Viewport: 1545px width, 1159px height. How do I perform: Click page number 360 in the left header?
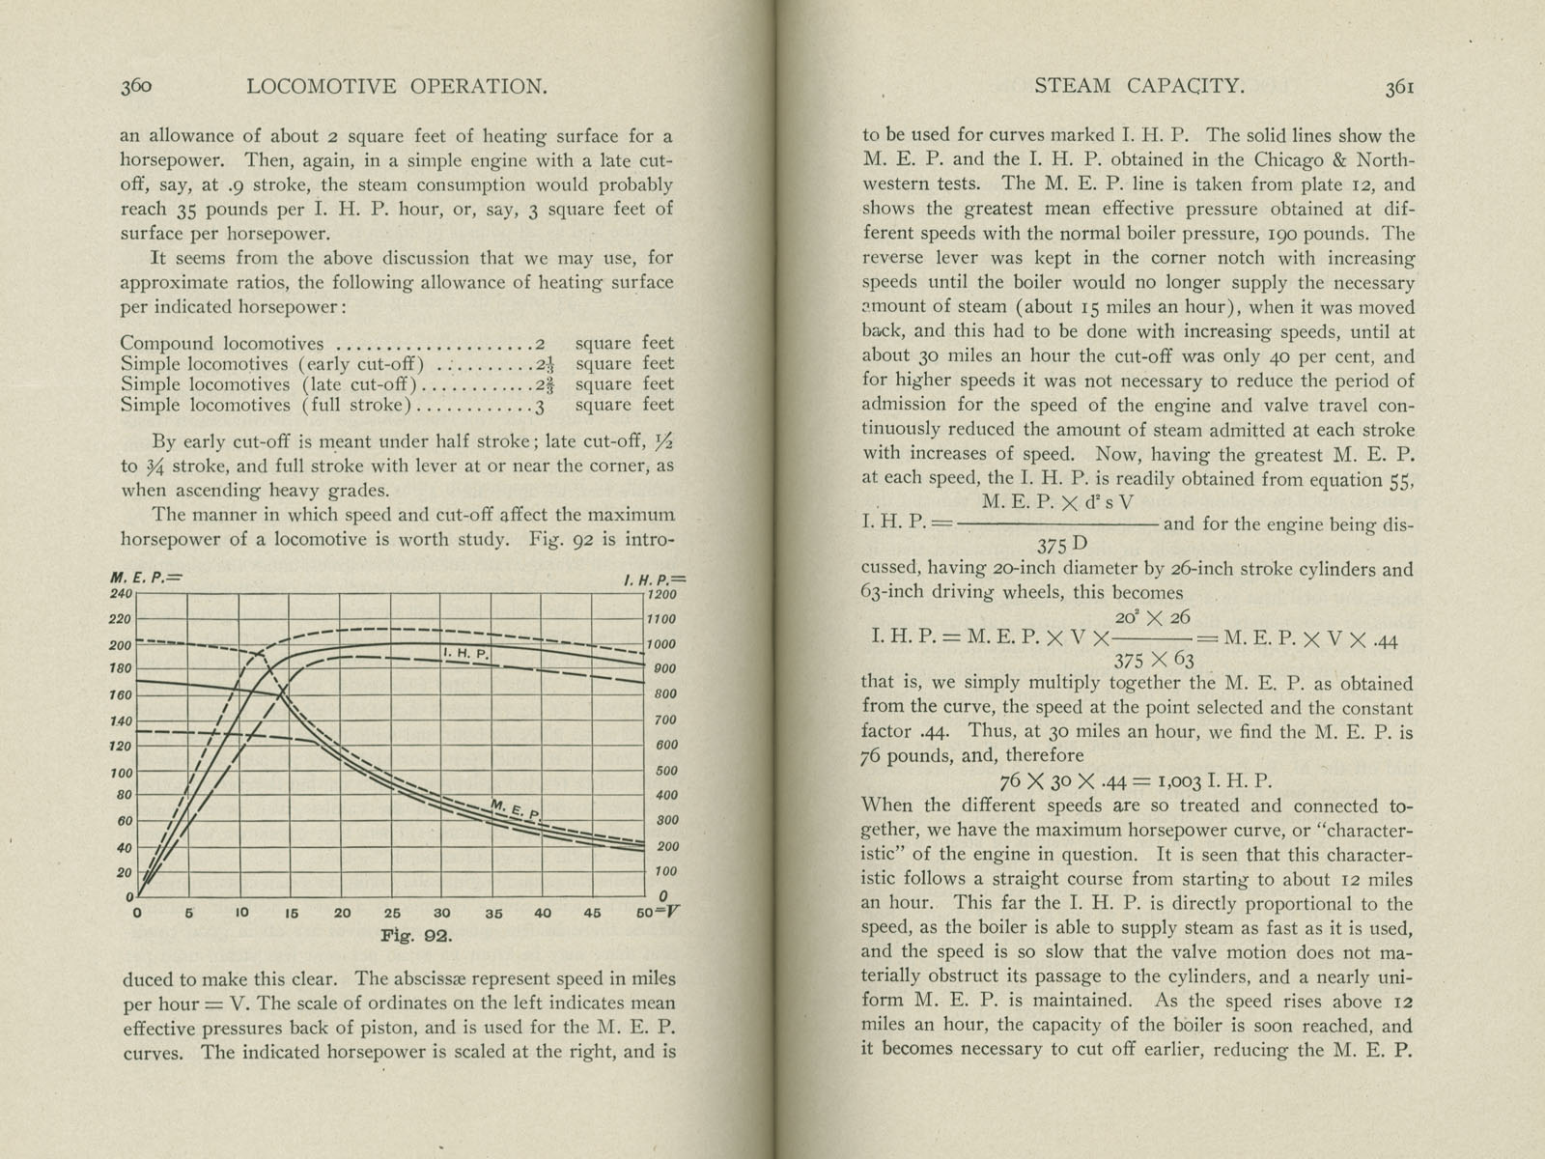136,86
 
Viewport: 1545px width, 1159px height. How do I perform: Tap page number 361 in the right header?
1400,86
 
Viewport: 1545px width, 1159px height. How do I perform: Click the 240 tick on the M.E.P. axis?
124,593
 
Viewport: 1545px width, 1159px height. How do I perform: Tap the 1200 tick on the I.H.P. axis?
662,595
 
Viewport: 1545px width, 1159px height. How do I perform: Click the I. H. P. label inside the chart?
466,654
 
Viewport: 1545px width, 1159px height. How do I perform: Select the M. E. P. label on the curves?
516,809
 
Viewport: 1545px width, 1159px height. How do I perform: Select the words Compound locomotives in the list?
222,343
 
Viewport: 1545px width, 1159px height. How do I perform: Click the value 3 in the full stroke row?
541,406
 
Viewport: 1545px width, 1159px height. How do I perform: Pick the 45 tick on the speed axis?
592,913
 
